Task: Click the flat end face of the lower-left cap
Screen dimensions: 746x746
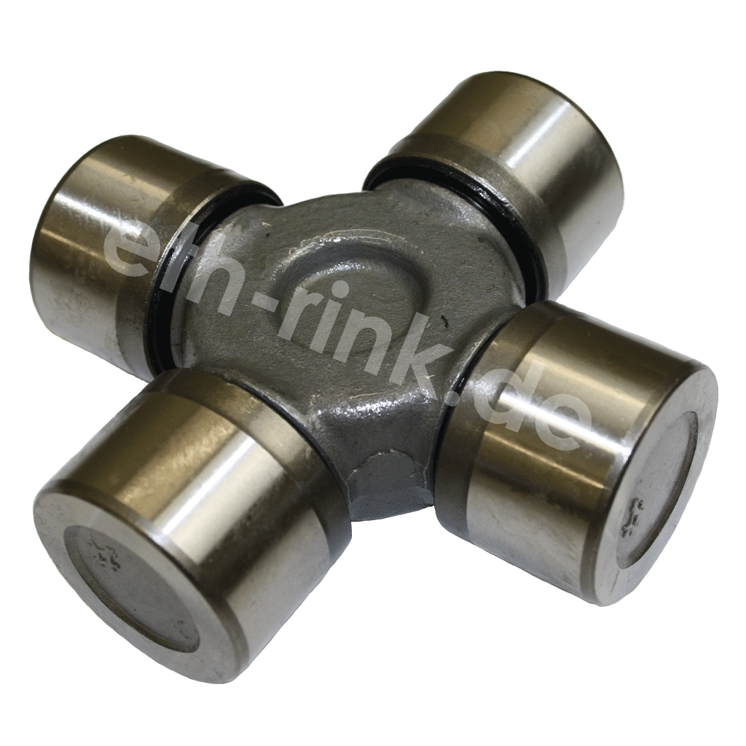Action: tap(131, 590)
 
